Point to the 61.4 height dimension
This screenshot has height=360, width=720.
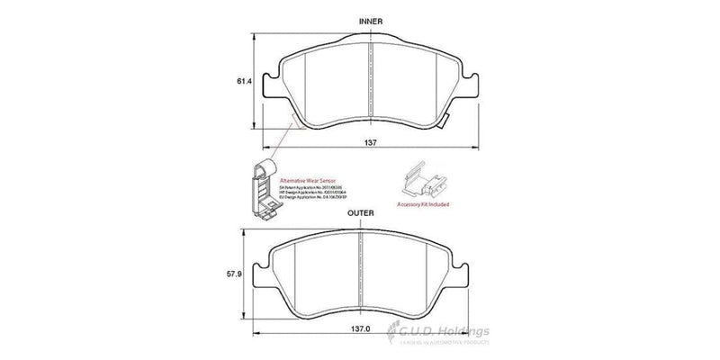point(242,81)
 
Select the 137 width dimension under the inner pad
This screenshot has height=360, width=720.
point(370,143)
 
